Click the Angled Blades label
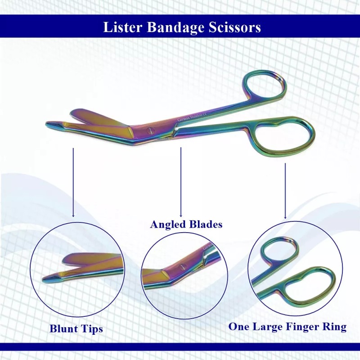pos(186,224)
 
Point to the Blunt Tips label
pos(76,329)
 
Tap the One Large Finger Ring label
pos(287,327)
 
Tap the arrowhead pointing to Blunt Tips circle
pos(73,216)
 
